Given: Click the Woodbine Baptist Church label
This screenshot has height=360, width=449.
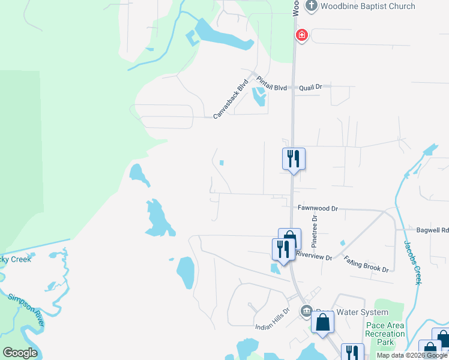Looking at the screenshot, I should point(368,7).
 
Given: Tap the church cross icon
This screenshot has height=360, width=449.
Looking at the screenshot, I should point(311,7).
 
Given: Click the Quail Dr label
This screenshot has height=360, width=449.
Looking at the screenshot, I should point(311,87).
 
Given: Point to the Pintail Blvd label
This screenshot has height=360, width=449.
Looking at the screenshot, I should point(271,84).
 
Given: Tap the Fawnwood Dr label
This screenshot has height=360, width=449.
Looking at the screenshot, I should point(318,208).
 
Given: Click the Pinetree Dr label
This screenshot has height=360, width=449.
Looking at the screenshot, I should point(314,230).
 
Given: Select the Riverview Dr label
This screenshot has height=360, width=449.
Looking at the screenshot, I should point(314,256).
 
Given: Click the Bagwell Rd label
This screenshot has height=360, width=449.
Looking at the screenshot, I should point(432,230).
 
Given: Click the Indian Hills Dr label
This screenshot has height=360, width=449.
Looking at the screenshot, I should point(273,327).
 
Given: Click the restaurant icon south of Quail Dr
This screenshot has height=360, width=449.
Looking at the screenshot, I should point(294,159).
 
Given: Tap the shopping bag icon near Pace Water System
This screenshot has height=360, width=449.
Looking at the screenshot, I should point(322,322).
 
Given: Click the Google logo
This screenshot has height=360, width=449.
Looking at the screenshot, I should point(20,353).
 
